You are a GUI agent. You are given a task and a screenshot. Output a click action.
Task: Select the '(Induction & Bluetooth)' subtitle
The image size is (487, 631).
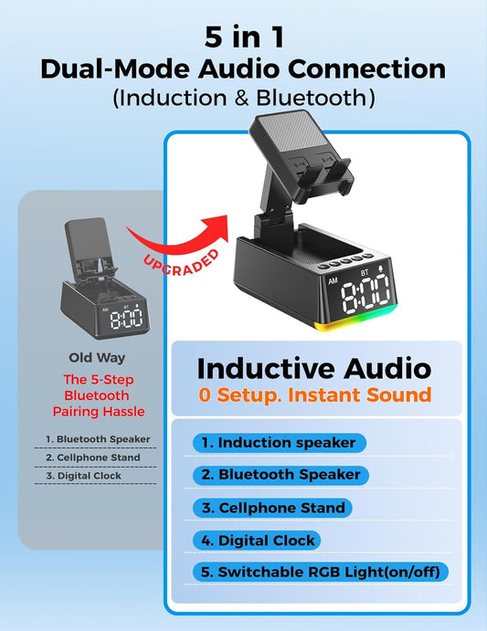coord(243,98)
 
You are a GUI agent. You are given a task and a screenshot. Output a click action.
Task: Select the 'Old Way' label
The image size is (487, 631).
coord(96,358)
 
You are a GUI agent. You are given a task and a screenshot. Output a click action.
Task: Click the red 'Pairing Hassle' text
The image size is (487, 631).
coord(96,413)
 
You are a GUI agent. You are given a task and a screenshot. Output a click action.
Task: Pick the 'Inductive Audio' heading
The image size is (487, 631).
coord(314,368)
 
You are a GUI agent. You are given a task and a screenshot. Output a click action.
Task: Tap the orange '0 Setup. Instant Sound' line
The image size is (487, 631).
coord(314,395)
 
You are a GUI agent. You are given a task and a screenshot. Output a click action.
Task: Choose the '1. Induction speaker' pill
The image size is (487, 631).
coord(279,443)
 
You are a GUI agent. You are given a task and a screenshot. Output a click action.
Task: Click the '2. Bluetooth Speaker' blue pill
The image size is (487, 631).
coord(281,475)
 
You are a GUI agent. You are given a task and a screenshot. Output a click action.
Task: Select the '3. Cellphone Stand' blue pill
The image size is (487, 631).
coord(272,508)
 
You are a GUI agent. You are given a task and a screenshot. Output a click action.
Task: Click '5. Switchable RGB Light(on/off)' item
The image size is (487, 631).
coord(321,573)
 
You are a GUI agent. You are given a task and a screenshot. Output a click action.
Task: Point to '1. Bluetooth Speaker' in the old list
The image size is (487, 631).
coord(99,439)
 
